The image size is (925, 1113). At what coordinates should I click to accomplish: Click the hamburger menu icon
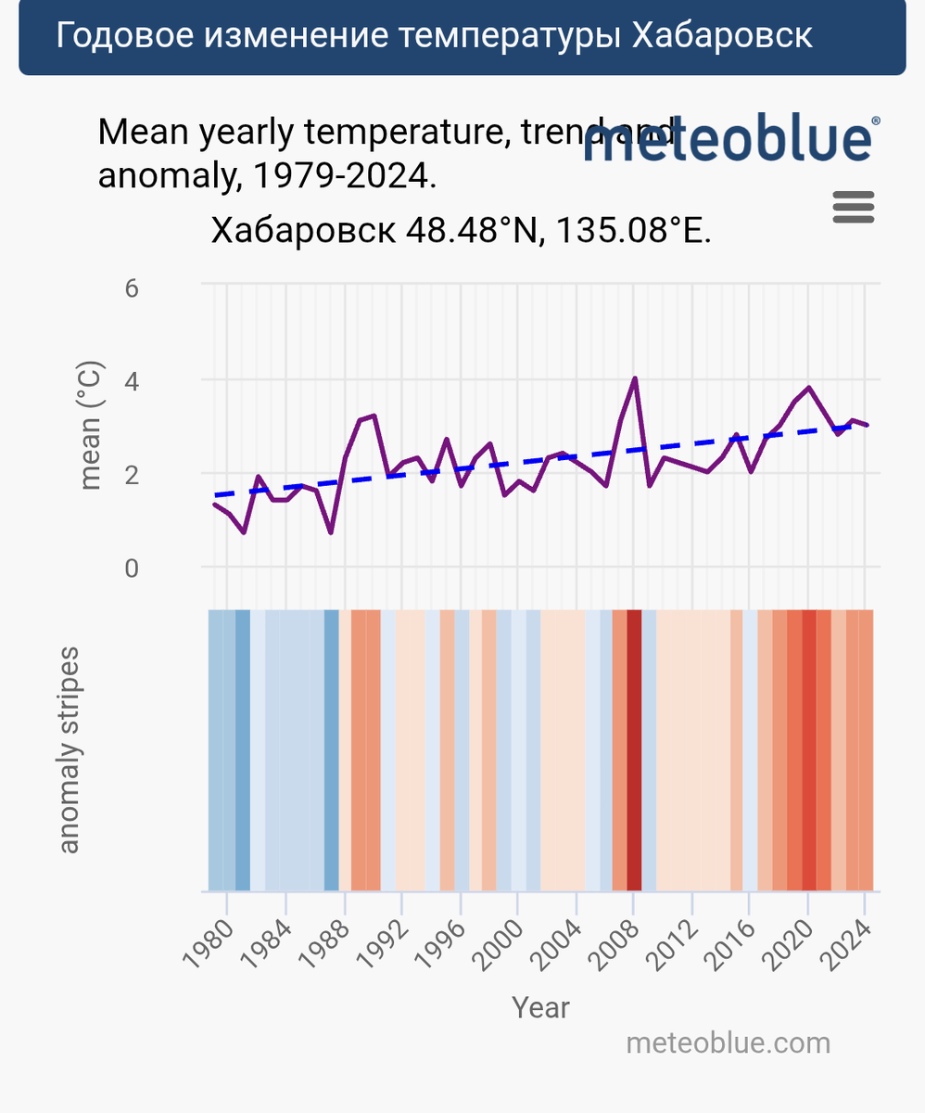pos(854,207)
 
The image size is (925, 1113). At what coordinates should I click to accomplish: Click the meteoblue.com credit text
pos(729,1043)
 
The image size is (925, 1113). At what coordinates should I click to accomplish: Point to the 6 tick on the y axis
pos(132,288)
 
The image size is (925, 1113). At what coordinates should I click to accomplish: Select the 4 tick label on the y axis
pos(132,381)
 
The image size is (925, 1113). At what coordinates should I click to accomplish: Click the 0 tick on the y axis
pos(132,568)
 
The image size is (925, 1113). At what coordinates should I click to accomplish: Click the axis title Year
pos(541,1006)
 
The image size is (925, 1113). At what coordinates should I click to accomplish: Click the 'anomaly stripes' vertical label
pos(70,749)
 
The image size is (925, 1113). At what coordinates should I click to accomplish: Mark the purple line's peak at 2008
pos(634,378)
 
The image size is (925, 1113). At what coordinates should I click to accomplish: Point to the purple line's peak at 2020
pos(808,388)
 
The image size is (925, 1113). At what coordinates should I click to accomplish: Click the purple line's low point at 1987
pos(330,531)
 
